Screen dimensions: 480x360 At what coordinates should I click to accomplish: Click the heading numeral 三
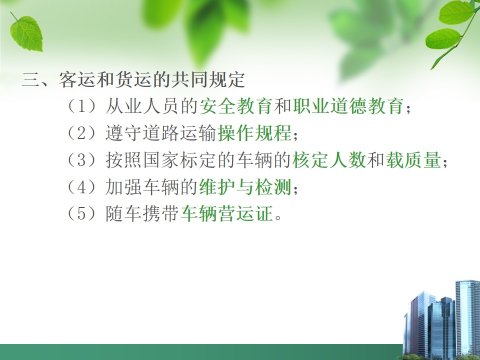[30, 80]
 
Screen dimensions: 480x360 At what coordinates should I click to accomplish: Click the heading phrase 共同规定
[208, 80]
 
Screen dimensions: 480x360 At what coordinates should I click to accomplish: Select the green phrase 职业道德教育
[348, 106]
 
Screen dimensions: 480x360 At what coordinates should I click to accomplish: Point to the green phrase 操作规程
[254, 133]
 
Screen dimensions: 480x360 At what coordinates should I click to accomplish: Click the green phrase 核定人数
[329, 160]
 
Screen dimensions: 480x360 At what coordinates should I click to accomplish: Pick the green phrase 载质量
[413, 160]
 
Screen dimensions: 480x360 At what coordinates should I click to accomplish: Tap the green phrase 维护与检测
[245, 186]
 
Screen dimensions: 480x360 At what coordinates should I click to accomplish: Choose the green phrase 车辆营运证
[227, 213]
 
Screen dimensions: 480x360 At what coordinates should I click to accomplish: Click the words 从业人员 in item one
[142, 106]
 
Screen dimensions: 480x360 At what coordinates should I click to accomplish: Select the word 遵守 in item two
[123, 133]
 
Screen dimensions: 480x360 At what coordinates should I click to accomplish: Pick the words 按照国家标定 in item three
[160, 160]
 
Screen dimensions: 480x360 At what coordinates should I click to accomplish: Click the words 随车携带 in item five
[142, 213]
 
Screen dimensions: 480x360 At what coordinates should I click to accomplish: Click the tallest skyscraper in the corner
[467, 318]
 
